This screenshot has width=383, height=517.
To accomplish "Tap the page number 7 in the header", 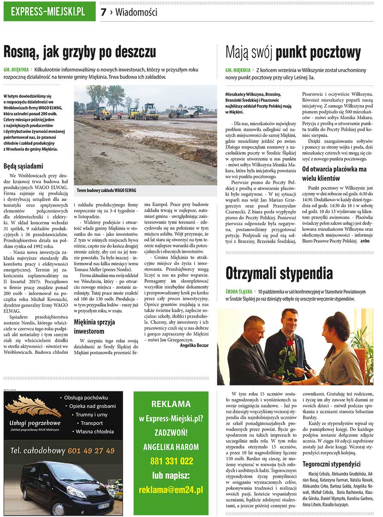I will [103, 12].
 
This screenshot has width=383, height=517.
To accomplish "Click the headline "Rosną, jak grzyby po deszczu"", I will [80, 52].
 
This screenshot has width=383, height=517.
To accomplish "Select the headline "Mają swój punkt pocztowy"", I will [293, 53].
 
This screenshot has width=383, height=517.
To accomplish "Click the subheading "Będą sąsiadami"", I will [23, 166].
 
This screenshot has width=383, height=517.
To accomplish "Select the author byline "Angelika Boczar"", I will [194, 345].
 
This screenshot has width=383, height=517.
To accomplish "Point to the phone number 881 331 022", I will [171, 461].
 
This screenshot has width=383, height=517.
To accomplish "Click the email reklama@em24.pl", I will [171, 490].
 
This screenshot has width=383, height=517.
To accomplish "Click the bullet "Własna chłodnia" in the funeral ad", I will [94, 431].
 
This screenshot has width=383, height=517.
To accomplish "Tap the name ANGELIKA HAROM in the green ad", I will [171, 447].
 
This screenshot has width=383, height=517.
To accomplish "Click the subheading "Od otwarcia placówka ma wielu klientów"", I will [334, 173].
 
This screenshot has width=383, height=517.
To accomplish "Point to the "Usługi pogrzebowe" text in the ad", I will [35, 423].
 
